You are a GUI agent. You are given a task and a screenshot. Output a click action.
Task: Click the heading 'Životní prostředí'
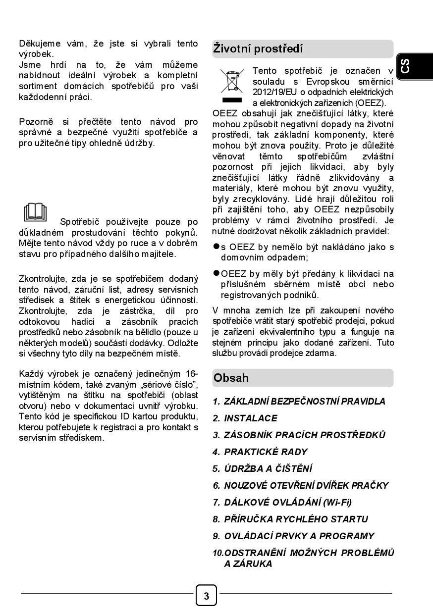click(x=258, y=49)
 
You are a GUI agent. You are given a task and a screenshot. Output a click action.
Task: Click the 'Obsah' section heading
click(x=231, y=378)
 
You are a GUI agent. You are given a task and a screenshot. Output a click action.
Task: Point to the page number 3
click(x=207, y=595)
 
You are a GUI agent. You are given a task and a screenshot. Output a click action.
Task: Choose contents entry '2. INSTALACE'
click(x=245, y=418)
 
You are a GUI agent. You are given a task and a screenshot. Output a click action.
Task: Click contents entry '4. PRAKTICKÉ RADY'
click(x=260, y=452)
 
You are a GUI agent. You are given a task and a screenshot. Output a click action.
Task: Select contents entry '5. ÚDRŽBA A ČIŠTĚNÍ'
click(x=263, y=469)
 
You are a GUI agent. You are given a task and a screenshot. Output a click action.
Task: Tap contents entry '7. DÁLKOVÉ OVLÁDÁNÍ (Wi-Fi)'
click(x=282, y=503)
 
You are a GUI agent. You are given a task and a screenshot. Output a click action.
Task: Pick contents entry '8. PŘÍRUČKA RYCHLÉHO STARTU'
click(x=290, y=519)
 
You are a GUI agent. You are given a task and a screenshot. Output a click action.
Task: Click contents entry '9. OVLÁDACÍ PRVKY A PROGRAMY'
click(x=293, y=536)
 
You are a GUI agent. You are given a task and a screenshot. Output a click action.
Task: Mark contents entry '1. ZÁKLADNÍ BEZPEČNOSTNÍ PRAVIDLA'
click(x=299, y=402)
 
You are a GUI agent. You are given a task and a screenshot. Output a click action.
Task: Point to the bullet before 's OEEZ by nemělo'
click(x=216, y=246)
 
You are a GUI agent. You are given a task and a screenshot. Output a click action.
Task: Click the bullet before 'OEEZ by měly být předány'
click(x=216, y=273)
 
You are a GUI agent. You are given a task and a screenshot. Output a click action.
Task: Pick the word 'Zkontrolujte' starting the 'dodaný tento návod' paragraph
click(x=42, y=279)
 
